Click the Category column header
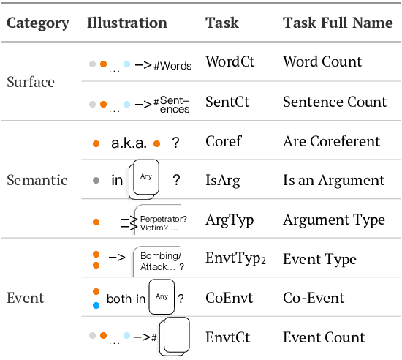pyautogui.click(x=38, y=22)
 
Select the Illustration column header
pyautogui.click(x=127, y=22)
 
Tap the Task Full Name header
pyautogui.click(x=338, y=22)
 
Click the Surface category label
pyautogui.click(x=31, y=81)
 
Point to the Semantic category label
pyautogui.click(x=37, y=180)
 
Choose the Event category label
pyautogui.click(x=26, y=298)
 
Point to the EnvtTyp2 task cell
pyautogui.click(x=234, y=259)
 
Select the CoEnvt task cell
pyautogui.click(x=229, y=298)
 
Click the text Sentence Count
pyautogui.click(x=335, y=101)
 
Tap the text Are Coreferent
pyautogui.click(x=331, y=141)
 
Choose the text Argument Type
pyautogui.click(x=333, y=220)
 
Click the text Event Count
pyautogui.click(x=324, y=337)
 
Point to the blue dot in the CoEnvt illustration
pyautogui.click(x=96, y=306)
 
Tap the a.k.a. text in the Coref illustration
pyautogui.click(x=129, y=142)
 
